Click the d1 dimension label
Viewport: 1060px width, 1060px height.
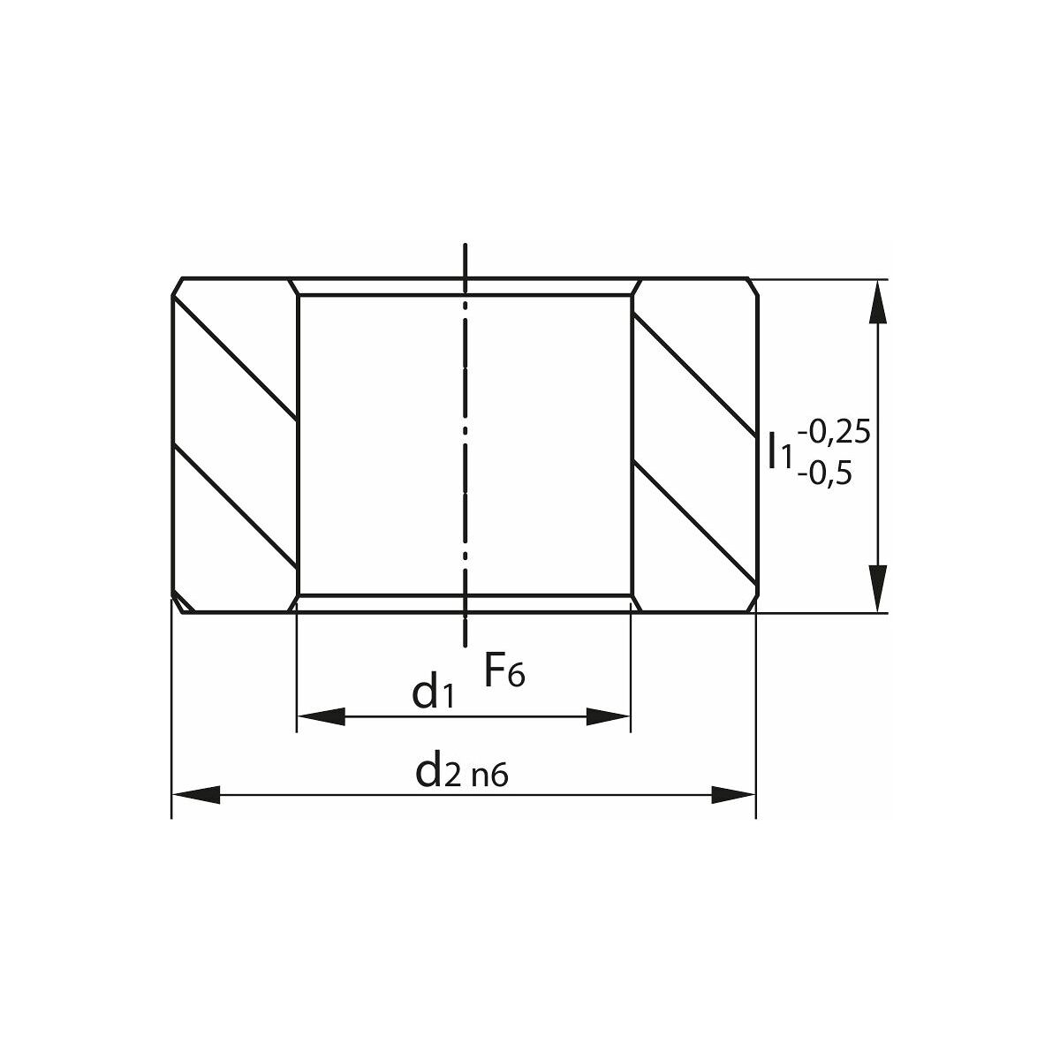pyautogui.click(x=433, y=692)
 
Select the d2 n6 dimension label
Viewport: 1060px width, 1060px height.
pyautogui.click(x=463, y=772)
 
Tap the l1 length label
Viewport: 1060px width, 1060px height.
pyautogui.click(x=780, y=451)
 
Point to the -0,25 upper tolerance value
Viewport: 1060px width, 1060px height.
pyautogui.click(x=833, y=432)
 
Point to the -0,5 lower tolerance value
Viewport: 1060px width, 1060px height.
pyautogui.click(x=825, y=474)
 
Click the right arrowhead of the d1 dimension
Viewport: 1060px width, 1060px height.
pyautogui.click(x=609, y=716)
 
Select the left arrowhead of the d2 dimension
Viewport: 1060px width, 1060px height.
pyautogui.click(x=194, y=794)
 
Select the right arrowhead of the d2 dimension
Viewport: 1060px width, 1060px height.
pyautogui.click(x=733, y=794)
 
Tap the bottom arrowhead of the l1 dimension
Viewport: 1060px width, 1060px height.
pyautogui.click(x=876, y=588)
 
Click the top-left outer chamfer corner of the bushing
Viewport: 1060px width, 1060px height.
pyautogui.click(x=178, y=285)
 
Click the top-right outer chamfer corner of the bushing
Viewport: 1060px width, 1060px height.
pyautogui.click(x=752, y=285)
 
